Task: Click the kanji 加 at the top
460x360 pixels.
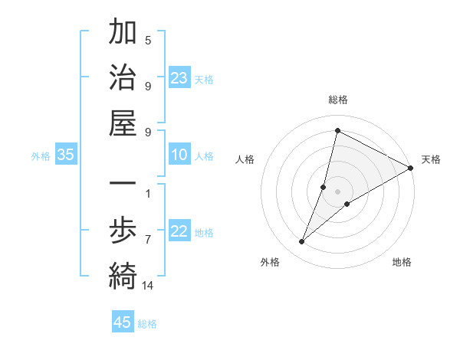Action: (123, 33)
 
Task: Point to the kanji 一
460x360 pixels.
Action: (123, 185)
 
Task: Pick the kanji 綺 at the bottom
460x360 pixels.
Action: (123, 276)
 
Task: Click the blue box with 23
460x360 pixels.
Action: (179, 78)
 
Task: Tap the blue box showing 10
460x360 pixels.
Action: (179, 155)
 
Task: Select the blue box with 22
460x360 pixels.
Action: (179, 232)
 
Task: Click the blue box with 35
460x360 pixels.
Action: (66, 155)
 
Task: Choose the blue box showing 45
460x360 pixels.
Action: (123, 322)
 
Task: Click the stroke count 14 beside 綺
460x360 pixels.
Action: (148, 286)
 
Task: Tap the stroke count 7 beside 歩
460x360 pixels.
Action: (148, 240)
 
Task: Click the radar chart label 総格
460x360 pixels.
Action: (338, 100)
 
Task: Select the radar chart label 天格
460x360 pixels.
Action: (431, 159)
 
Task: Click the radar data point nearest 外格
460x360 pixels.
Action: (301, 242)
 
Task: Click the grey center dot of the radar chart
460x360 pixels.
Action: (338, 191)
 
